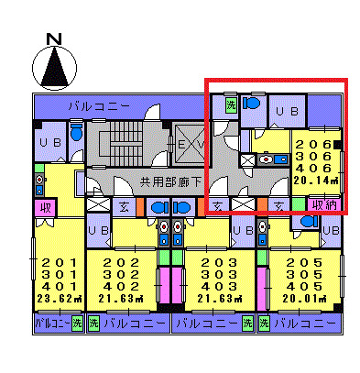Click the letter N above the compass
click(x=54, y=38)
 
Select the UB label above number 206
click(x=289, y=111)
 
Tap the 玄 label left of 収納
click(x=279, y=204)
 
